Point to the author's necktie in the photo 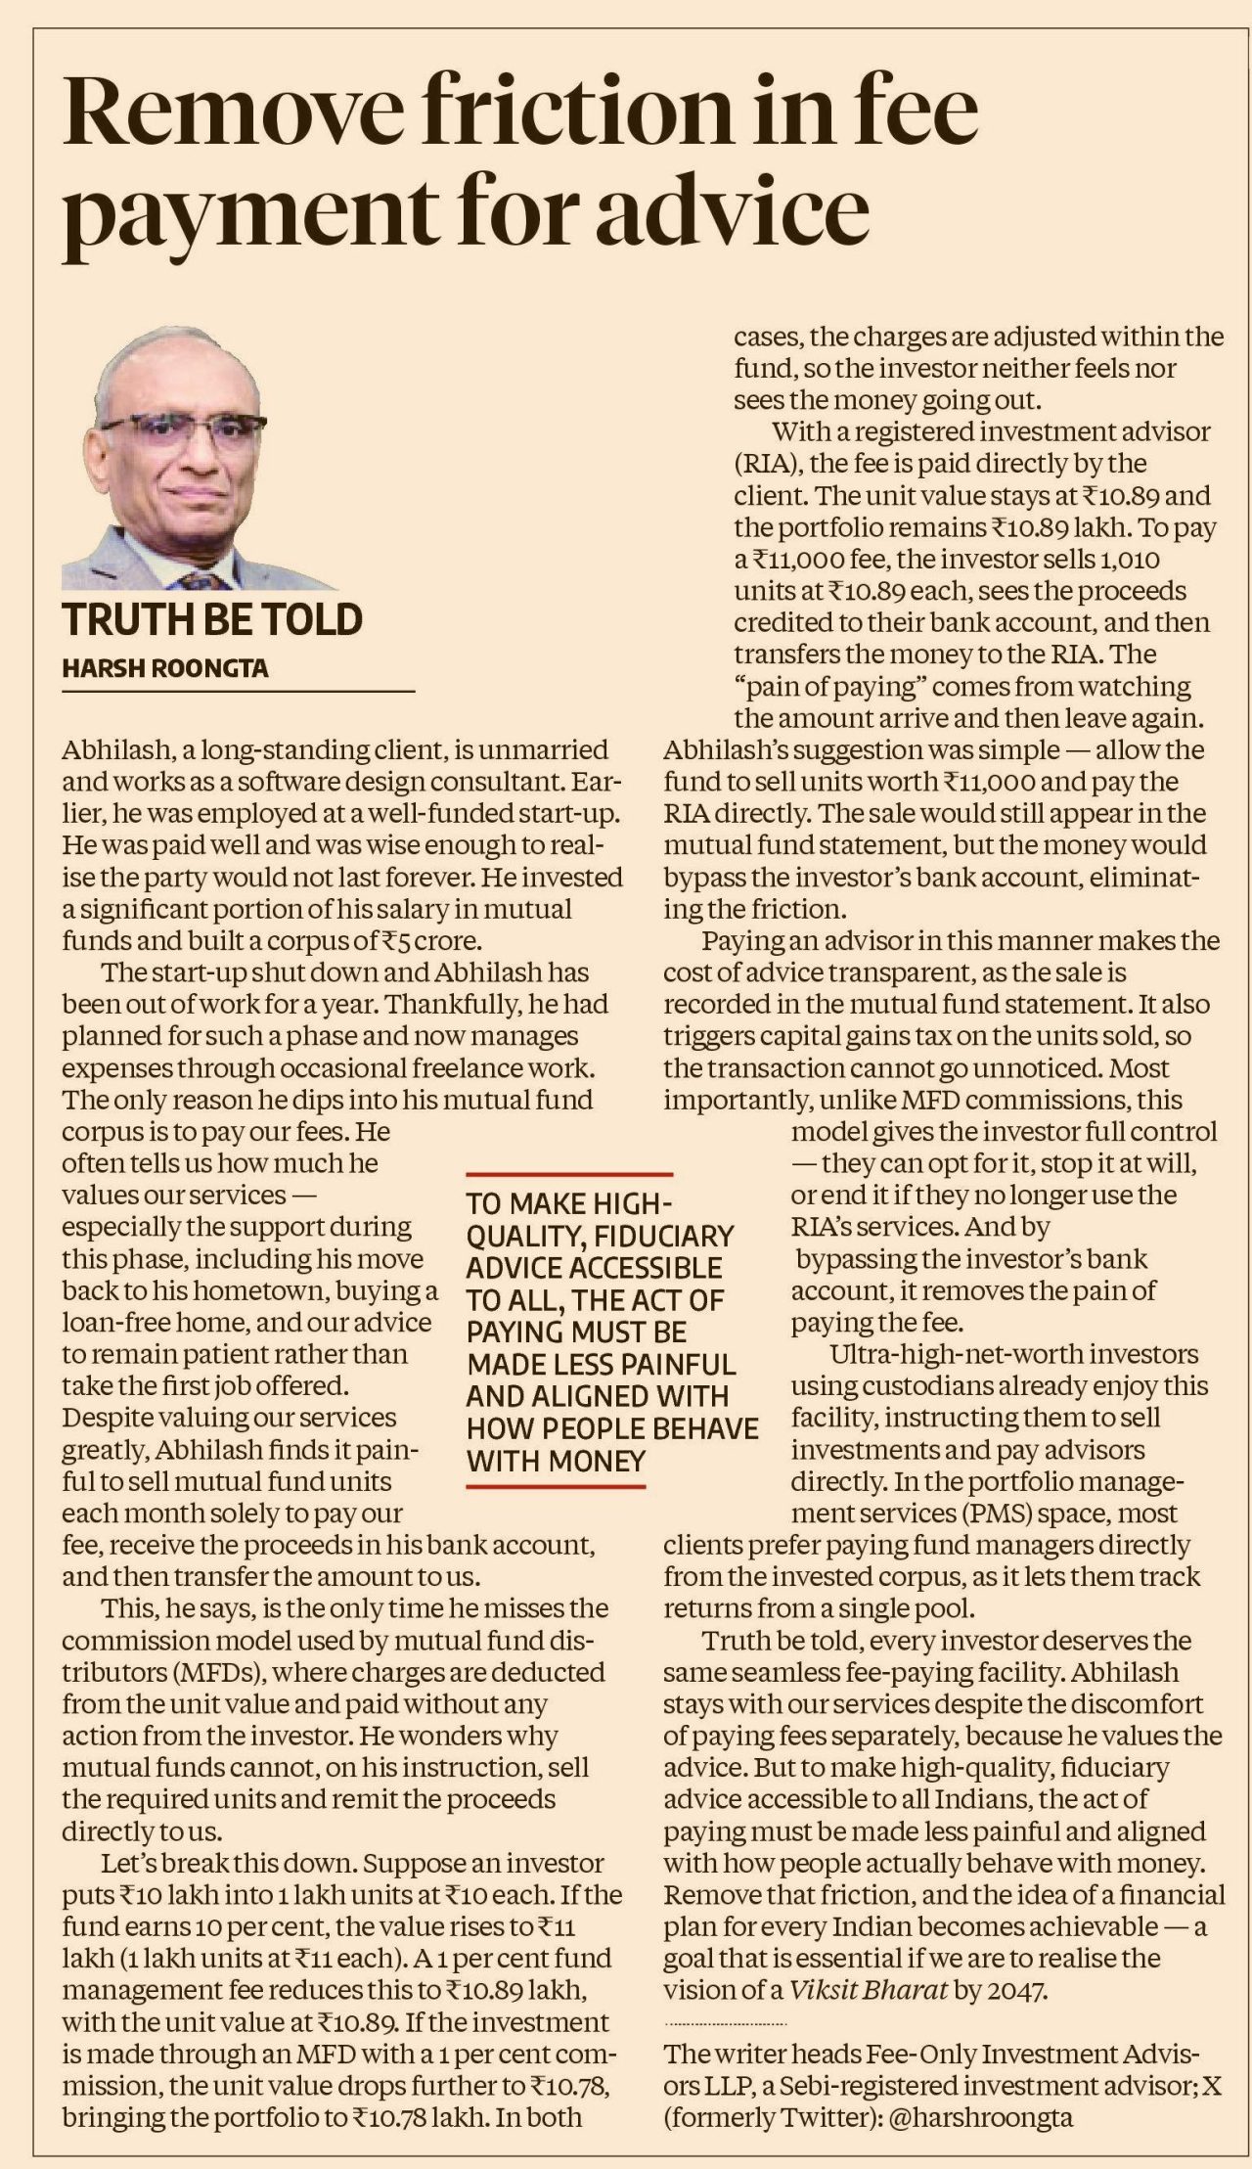(195, 577)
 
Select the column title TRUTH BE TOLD (212, 620)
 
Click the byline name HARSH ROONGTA (165, 668)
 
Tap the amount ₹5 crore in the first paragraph (424, 940)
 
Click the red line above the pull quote (569, 1173)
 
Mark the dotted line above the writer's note (725, 2021)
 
